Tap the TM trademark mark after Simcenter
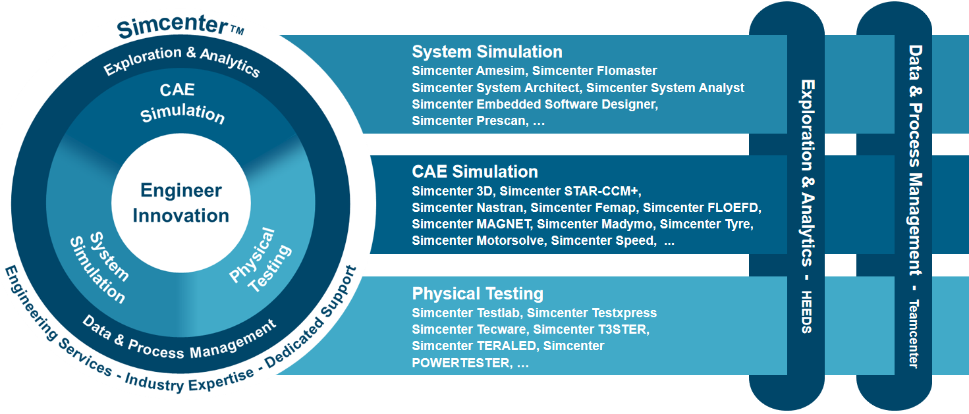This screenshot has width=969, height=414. (x=237, y=30)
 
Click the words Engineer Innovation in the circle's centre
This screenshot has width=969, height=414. (x=180, y=203)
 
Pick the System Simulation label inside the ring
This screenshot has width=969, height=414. (x=99, y=268)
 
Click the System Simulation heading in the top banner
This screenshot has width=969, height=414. (x=487, y=52)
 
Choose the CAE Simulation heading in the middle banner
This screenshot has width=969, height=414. (x=475, y=172)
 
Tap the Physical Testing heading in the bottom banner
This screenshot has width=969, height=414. (x=478, y=294)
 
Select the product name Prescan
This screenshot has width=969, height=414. (x=502, y=120)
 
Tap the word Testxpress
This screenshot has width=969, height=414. (x=624, y=313)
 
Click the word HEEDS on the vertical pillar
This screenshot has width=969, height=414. (x=806, y=311)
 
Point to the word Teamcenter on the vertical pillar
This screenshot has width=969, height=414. (x=914, y=334)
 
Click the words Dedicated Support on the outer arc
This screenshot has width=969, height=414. (x=311, y=318)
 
